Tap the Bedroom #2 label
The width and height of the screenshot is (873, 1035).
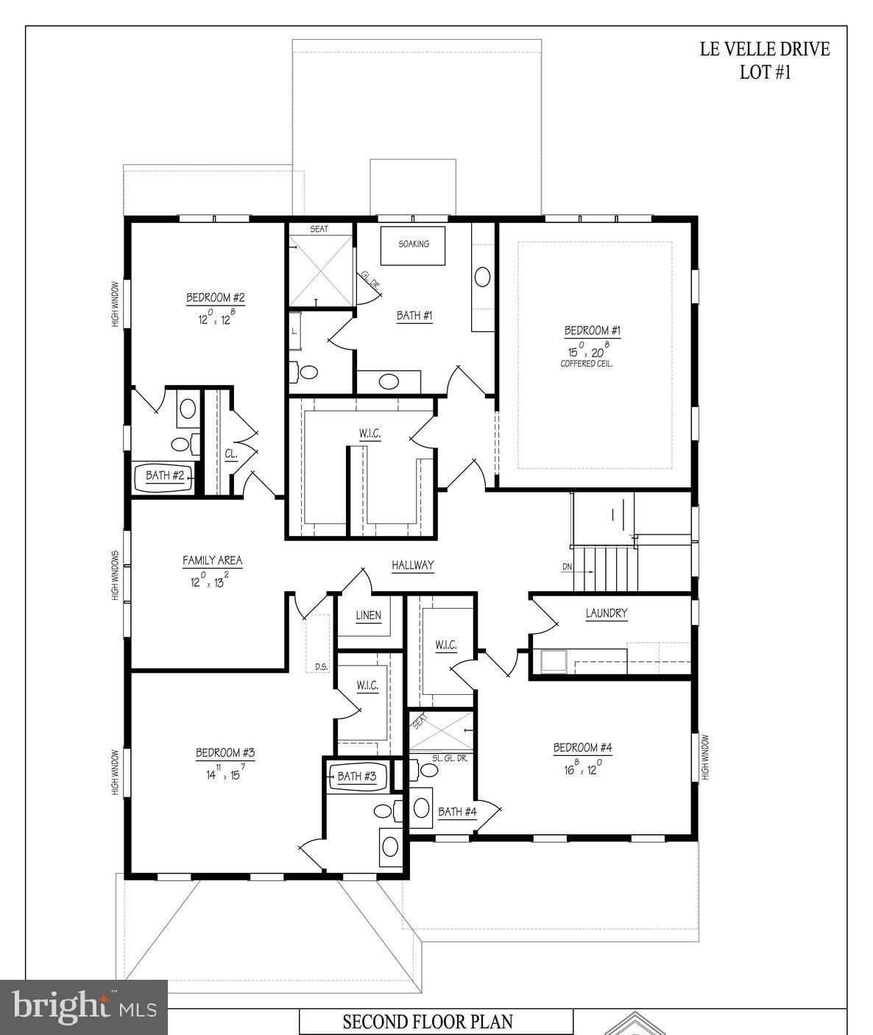tap(215, 298)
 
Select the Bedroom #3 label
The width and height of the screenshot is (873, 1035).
tap(225, 753)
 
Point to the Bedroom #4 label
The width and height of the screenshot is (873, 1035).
tap(582, 748)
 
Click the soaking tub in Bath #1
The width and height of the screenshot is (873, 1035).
tap(413, 244)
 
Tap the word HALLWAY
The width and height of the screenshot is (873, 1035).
tap(412, 565)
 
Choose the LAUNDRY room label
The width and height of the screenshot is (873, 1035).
tap(607, 613)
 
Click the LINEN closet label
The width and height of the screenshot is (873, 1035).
tap(368, 615)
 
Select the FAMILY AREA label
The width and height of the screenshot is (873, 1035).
tap(212, 561)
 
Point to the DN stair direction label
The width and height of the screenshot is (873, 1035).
tap(567, 567)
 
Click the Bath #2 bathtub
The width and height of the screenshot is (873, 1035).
tap(164, 476)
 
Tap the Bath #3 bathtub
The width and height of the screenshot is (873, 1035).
tap(357, 776)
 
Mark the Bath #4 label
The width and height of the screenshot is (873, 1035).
tap(457, 812)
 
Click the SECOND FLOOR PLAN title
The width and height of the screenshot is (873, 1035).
tap(428, 1022)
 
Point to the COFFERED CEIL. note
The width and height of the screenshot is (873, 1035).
tap(587, 364)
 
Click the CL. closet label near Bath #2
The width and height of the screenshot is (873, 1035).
tap(230, 455)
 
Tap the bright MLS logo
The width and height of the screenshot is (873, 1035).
tap(83, 1007)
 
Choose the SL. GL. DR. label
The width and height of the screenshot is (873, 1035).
tap(450, 757)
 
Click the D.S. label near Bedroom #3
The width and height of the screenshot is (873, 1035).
tap(321, 667)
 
